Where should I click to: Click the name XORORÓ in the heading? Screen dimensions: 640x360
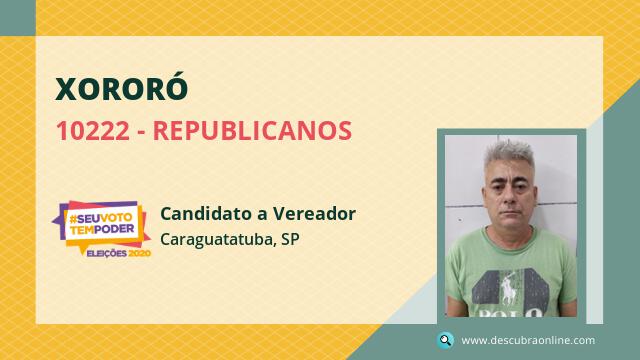pos(122,87)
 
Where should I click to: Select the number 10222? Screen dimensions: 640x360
pos(93,131)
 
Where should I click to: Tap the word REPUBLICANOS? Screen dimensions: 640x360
pos(252,131)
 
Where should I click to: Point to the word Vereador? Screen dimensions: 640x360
pos(314,213)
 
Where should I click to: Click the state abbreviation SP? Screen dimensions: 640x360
pos(290,239)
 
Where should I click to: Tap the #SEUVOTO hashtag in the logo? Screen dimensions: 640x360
pos(101,218)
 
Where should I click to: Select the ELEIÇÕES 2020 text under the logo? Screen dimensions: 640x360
pos(119,253)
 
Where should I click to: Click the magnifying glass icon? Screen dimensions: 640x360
pos(445,340)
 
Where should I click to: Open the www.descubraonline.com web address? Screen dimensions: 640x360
pos(528,340)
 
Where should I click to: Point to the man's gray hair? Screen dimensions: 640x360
pos(509,156)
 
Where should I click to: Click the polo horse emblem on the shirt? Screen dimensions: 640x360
pos(508,289)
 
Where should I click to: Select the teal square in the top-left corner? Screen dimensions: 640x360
pos(18,18)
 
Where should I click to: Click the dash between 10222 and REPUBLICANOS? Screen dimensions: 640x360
pos(141,133)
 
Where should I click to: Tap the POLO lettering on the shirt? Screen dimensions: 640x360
pos(510,313)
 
